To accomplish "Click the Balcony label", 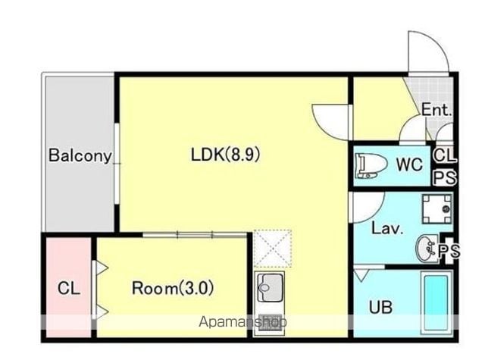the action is click(80, 155).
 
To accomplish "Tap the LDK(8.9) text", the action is click(226, 155).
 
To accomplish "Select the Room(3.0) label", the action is click(173, 288).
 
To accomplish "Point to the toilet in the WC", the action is click(371, 166).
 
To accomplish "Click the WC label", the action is click(409, 164).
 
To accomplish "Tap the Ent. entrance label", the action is click(436, 110).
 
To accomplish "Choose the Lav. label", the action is click(387, 229).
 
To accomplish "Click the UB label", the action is click(380, 307).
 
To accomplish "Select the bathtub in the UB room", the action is click(436, 303).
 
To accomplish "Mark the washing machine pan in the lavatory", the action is click(437, 208).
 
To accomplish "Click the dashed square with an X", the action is click(272, 248).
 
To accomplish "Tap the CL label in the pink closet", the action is click(69, 289).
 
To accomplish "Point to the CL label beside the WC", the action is click(445, 155).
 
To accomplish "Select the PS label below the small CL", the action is click(445, 178).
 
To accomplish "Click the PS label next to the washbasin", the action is click(449, 251).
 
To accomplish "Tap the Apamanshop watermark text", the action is click(242, 322).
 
